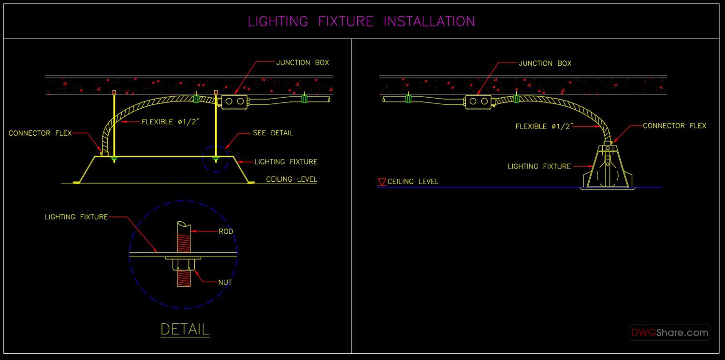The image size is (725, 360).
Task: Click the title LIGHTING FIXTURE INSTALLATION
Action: point(361,21)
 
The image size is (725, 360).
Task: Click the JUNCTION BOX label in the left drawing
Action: point(303,63)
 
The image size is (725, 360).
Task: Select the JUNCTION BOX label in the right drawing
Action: point(545,63)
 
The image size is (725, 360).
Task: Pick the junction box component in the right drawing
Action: point(478,101)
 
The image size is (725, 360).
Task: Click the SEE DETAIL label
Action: point(273,133)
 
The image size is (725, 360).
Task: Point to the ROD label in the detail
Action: point(226,231)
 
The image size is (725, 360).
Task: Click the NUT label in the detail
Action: point(225,282)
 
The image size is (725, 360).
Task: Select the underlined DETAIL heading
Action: point(185,330)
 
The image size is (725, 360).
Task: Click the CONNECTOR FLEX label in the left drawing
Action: point(40,133)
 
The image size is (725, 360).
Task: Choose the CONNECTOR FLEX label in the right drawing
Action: point(674,126)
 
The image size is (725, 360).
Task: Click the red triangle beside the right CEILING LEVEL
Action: point(381,182)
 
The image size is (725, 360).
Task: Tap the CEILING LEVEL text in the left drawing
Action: point(291,179)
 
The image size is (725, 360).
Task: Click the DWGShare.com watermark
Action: point(669,332)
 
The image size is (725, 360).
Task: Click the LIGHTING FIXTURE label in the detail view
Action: point(76,217)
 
